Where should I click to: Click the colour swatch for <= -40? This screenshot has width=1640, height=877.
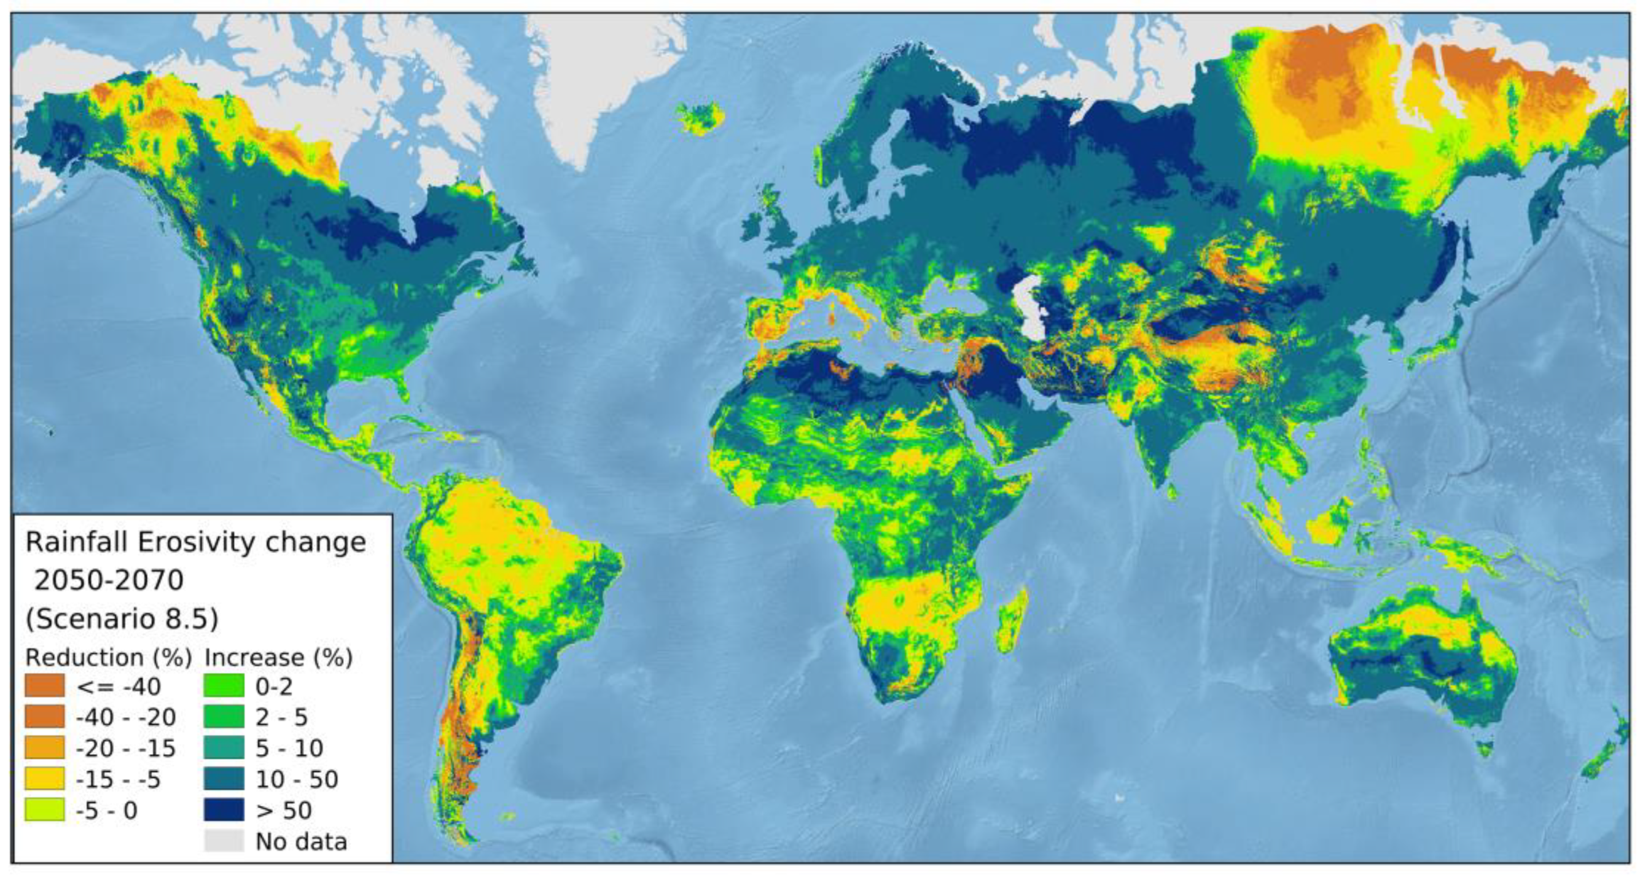click(45, 685)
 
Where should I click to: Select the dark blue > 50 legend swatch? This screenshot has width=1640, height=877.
click(224, 809)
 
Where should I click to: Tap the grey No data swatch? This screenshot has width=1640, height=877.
click(224, 841)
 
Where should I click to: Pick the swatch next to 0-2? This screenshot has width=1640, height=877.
click(224, 685)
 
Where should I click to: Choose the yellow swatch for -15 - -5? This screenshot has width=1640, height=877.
click(45, 779)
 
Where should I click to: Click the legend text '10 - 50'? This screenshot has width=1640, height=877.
click(297, 779)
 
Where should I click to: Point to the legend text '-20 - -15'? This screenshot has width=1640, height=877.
click(125, 748)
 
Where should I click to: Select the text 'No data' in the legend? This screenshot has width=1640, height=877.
click(301, 841)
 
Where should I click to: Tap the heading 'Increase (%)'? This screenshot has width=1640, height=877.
click(278, 657)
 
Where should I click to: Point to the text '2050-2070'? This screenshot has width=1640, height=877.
click(109, 580)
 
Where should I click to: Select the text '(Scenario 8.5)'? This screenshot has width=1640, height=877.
click(122, 618)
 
